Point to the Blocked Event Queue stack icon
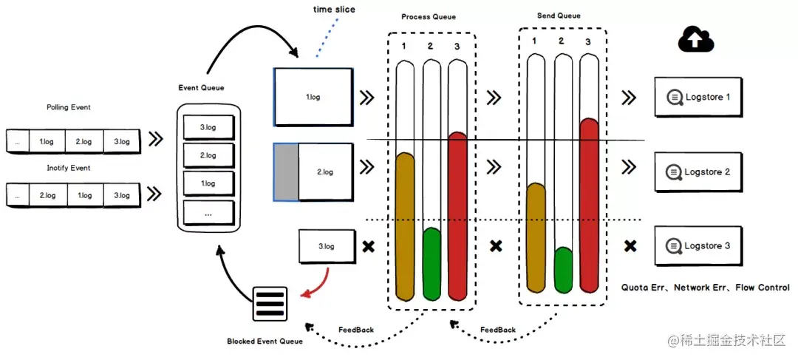pyautogui.click(x=270, y=303)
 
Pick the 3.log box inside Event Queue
pyautogui.click(x=208, y=127)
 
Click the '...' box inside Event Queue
pyautogui.click(x=208, y=212)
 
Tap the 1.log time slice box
pyautogui.click(x=313, y=97)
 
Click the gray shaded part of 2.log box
pyautogui.click(x=286, y=172)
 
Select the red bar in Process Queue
pyautogui.click(x=458, y=214)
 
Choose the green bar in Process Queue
pyautogui.click(x=432, y=262)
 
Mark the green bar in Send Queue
pyautogui.click(x=563, y=271)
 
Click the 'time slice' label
pyautogui.click(x=333, y=10)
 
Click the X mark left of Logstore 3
pyautogui.click(x=630, y=245)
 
